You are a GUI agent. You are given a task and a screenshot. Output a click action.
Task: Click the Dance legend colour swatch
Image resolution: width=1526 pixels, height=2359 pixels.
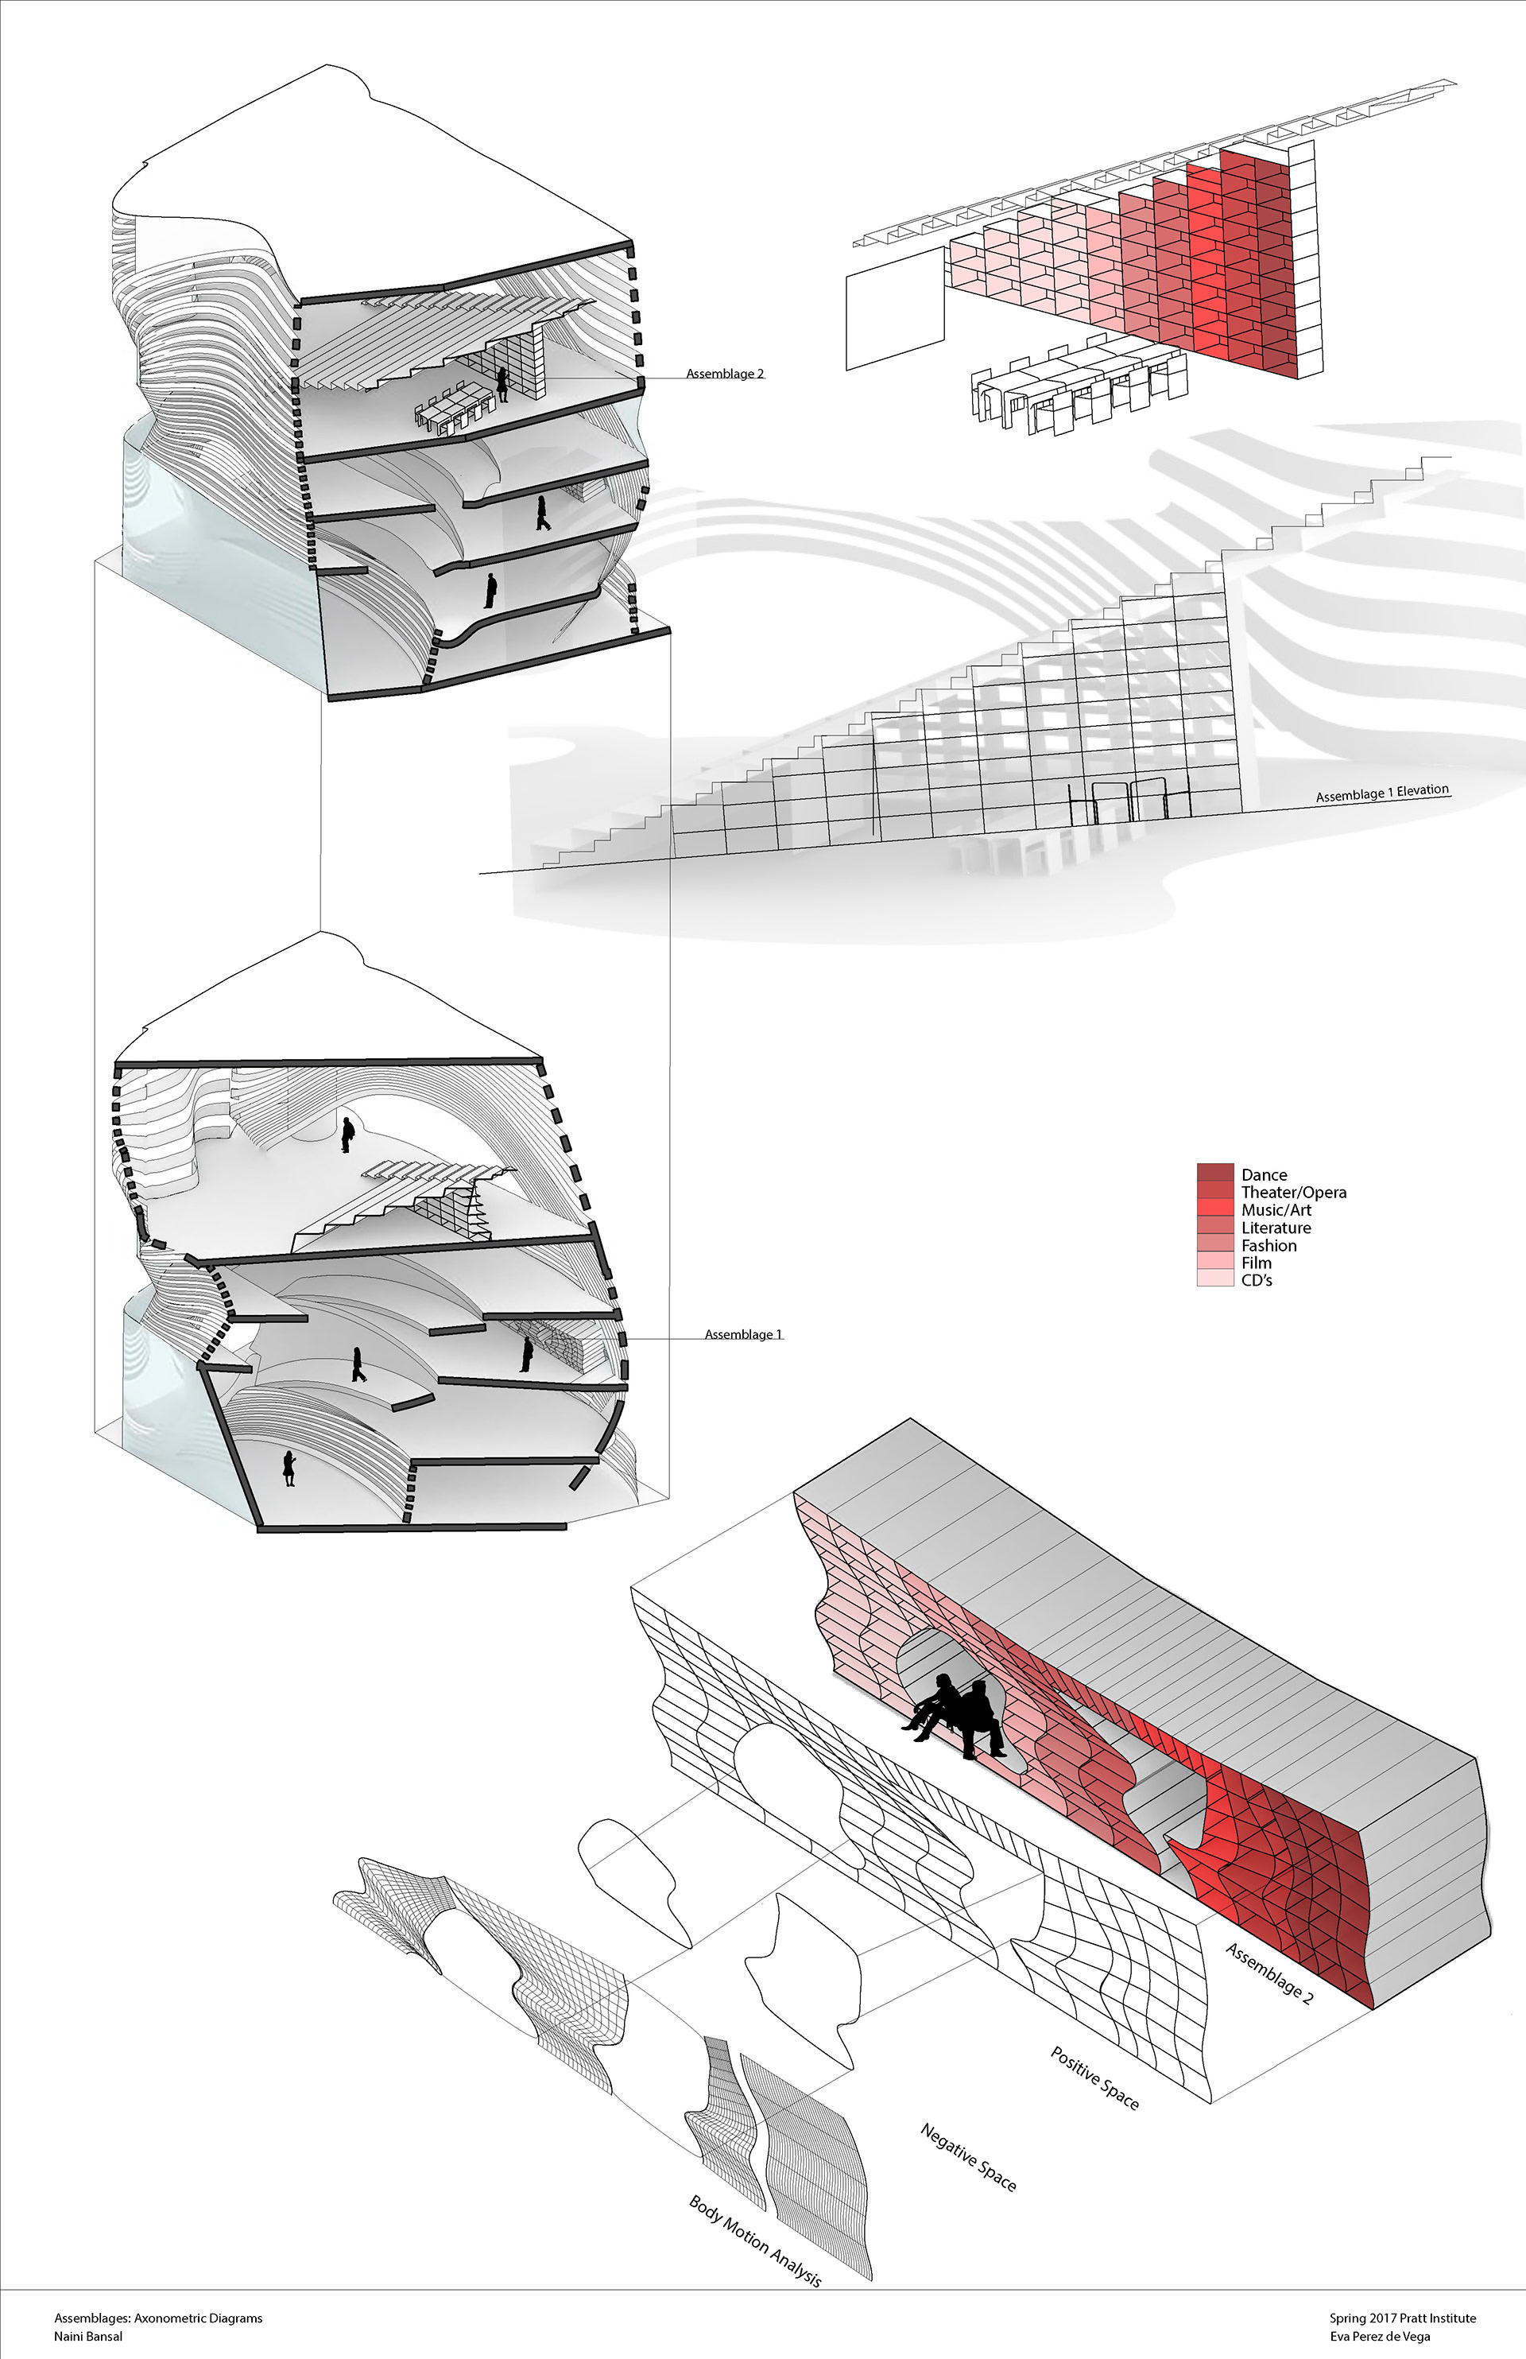(1215, 1174)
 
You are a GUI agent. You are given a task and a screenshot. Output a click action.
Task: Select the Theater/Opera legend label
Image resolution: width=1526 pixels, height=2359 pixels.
(1293, 1193)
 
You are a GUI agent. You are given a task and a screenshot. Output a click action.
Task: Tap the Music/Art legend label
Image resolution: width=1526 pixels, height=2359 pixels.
(1276, 1210)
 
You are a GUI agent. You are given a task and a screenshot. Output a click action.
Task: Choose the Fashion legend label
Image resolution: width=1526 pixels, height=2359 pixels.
(1268, 1246)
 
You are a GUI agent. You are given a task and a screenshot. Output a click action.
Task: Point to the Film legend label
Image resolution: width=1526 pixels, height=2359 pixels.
(1256, 1263)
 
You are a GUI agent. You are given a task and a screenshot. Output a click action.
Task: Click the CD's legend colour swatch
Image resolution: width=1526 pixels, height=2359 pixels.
(1215, 1279)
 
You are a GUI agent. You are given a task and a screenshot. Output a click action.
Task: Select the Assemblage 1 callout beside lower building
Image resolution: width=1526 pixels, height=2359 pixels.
(743, 1334)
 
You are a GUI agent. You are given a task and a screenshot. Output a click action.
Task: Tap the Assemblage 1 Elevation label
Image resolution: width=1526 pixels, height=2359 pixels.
(1381, 793)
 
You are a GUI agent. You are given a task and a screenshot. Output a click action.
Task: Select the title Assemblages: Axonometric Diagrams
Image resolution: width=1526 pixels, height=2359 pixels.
(157, 2318)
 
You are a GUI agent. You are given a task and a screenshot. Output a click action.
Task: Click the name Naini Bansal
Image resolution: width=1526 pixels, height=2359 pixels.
(88, 2336)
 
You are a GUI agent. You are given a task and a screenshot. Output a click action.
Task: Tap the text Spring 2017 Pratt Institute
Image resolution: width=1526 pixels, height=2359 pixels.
(1402, 2318)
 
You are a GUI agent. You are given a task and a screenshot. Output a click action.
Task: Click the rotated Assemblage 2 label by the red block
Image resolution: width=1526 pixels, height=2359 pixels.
(1269, 1973)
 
